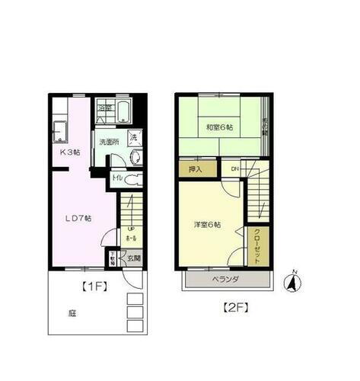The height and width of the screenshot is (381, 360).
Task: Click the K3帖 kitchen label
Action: [x=70, y=151]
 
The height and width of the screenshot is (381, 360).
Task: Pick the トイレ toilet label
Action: [x=116, y=180]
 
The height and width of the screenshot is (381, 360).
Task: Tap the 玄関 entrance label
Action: [x=132, y=259]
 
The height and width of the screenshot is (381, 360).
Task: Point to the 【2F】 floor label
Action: [x=235, y=309]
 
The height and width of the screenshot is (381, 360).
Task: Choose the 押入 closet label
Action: [x=195, y=169]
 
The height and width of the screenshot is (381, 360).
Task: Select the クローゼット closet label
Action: [x=256, y=245]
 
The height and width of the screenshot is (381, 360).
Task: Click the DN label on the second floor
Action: [x=235, y=169]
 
